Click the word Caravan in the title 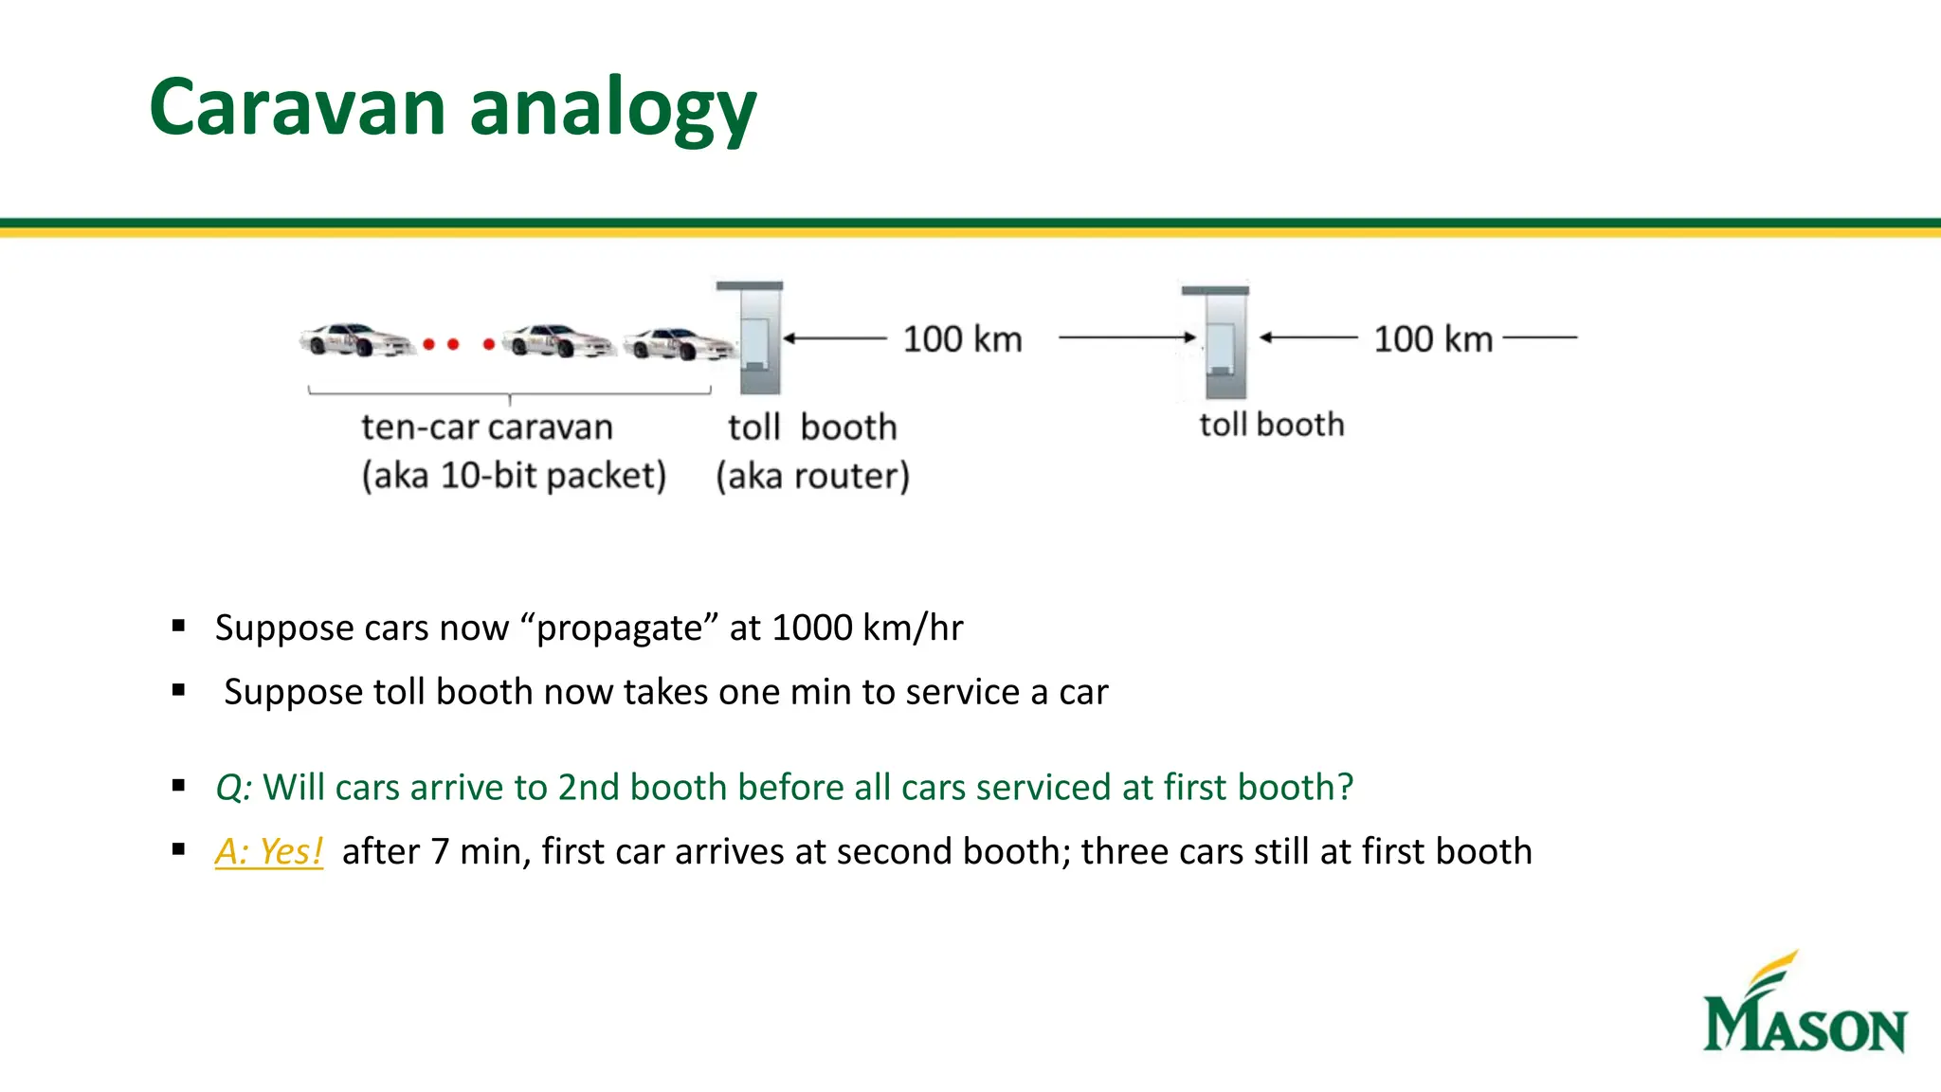pyautogui.click(x=297, y=107)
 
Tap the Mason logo pyautogui.click(x=1804, y=1005)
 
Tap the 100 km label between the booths pyautogui.click(x=961, y=339)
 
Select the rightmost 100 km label pyautogui.click(x=1432, y=339)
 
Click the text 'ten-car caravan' pyautogui.click(x=486, y=428)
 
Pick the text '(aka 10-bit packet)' pyautogui.click(x=514, y=476)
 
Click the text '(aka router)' pyautogui.click(x=812, y=476)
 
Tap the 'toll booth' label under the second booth pyautogui.click(x=1271, y=425)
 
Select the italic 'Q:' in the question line pyautogui.click(x=233, y=788)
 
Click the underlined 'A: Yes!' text pyautogui.click(x=269, y=851)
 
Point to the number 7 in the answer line pyautogui.click(x=439, y=851)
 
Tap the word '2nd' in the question pyautogui.click(x=588, y=788)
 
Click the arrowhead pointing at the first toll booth pyautogui.click(x=789, y=338)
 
